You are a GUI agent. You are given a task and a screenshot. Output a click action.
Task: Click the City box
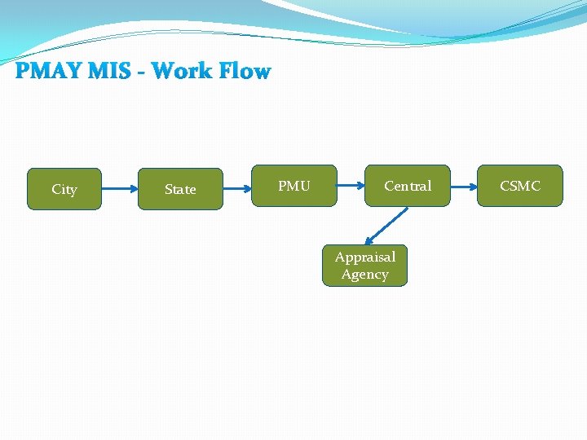(64, 189)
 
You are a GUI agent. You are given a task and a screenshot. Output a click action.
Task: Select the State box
(180, 189)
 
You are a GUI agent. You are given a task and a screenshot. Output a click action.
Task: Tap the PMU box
(294, 186)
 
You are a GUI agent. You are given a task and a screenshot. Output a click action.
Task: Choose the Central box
(408, 186)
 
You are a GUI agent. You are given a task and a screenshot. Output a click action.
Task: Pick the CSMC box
(520, 186)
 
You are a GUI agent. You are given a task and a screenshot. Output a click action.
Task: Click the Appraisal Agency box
(364, 266)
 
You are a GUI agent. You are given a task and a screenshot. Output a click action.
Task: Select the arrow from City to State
(121, 189)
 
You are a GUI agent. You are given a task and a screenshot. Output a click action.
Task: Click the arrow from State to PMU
(236, 189)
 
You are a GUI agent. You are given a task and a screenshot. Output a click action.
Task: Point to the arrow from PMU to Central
(351, 186)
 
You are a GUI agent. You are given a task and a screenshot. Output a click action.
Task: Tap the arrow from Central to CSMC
(464, 186)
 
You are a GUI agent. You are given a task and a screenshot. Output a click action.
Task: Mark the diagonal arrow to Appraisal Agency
(386, 226)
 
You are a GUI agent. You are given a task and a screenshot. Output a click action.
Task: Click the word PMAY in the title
(47, 72)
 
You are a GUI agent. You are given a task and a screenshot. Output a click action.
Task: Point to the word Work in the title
(183, 72)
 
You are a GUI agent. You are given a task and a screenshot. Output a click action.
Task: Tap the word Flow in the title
(244, 72)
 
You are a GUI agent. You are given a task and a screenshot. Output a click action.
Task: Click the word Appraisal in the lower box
(364, 257)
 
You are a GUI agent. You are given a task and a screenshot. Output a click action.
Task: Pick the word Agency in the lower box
(364, 275)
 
